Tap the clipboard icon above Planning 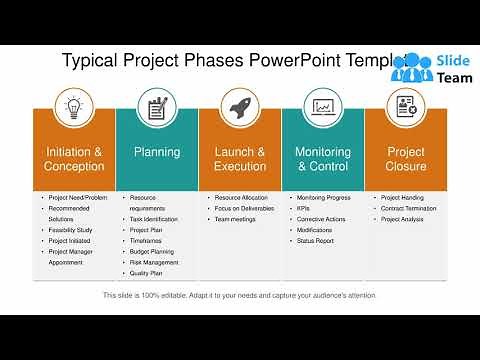157,108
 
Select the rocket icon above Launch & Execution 240,108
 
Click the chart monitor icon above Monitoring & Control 322,108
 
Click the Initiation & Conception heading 74,159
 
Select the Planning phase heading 157,153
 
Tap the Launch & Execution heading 240,159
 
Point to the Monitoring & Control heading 322,159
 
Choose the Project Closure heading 405,159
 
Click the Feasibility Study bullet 70,229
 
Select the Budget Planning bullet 152,251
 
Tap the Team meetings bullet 236,218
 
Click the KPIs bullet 305,208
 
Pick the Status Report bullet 316,240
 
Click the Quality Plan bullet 146,273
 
